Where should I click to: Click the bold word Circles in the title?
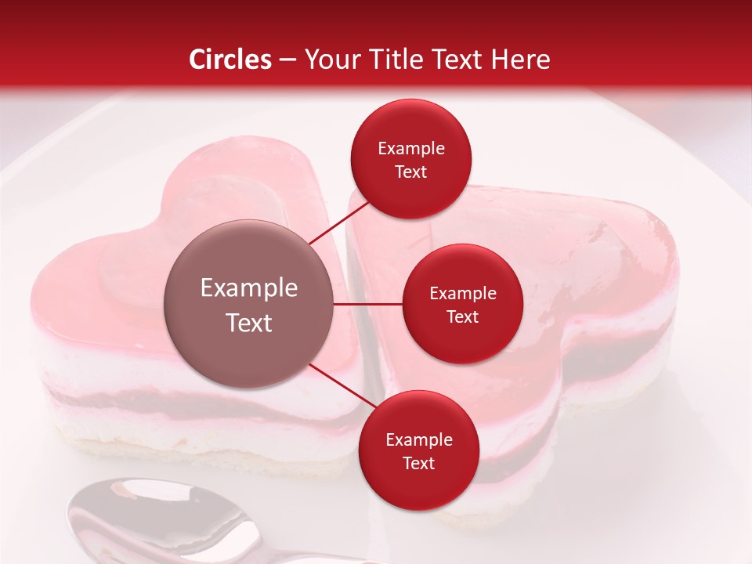click(230, 60)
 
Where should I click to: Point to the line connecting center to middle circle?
click(368, 304)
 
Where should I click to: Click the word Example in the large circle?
click(249, 288)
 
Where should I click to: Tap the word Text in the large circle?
click(249, 323)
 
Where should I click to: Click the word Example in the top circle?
click(410, 149)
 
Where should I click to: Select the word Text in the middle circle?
click(462, 316)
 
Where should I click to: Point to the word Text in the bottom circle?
click(418, 463)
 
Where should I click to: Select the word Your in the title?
click(330, 60)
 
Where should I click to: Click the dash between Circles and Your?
click(287, 60)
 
